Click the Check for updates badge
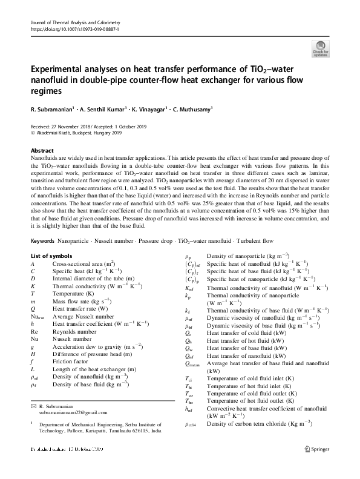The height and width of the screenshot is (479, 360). (x=319, y=48)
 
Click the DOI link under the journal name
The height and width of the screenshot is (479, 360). (x=75, y=29)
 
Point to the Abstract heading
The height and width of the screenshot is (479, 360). (x=42, y=150)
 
